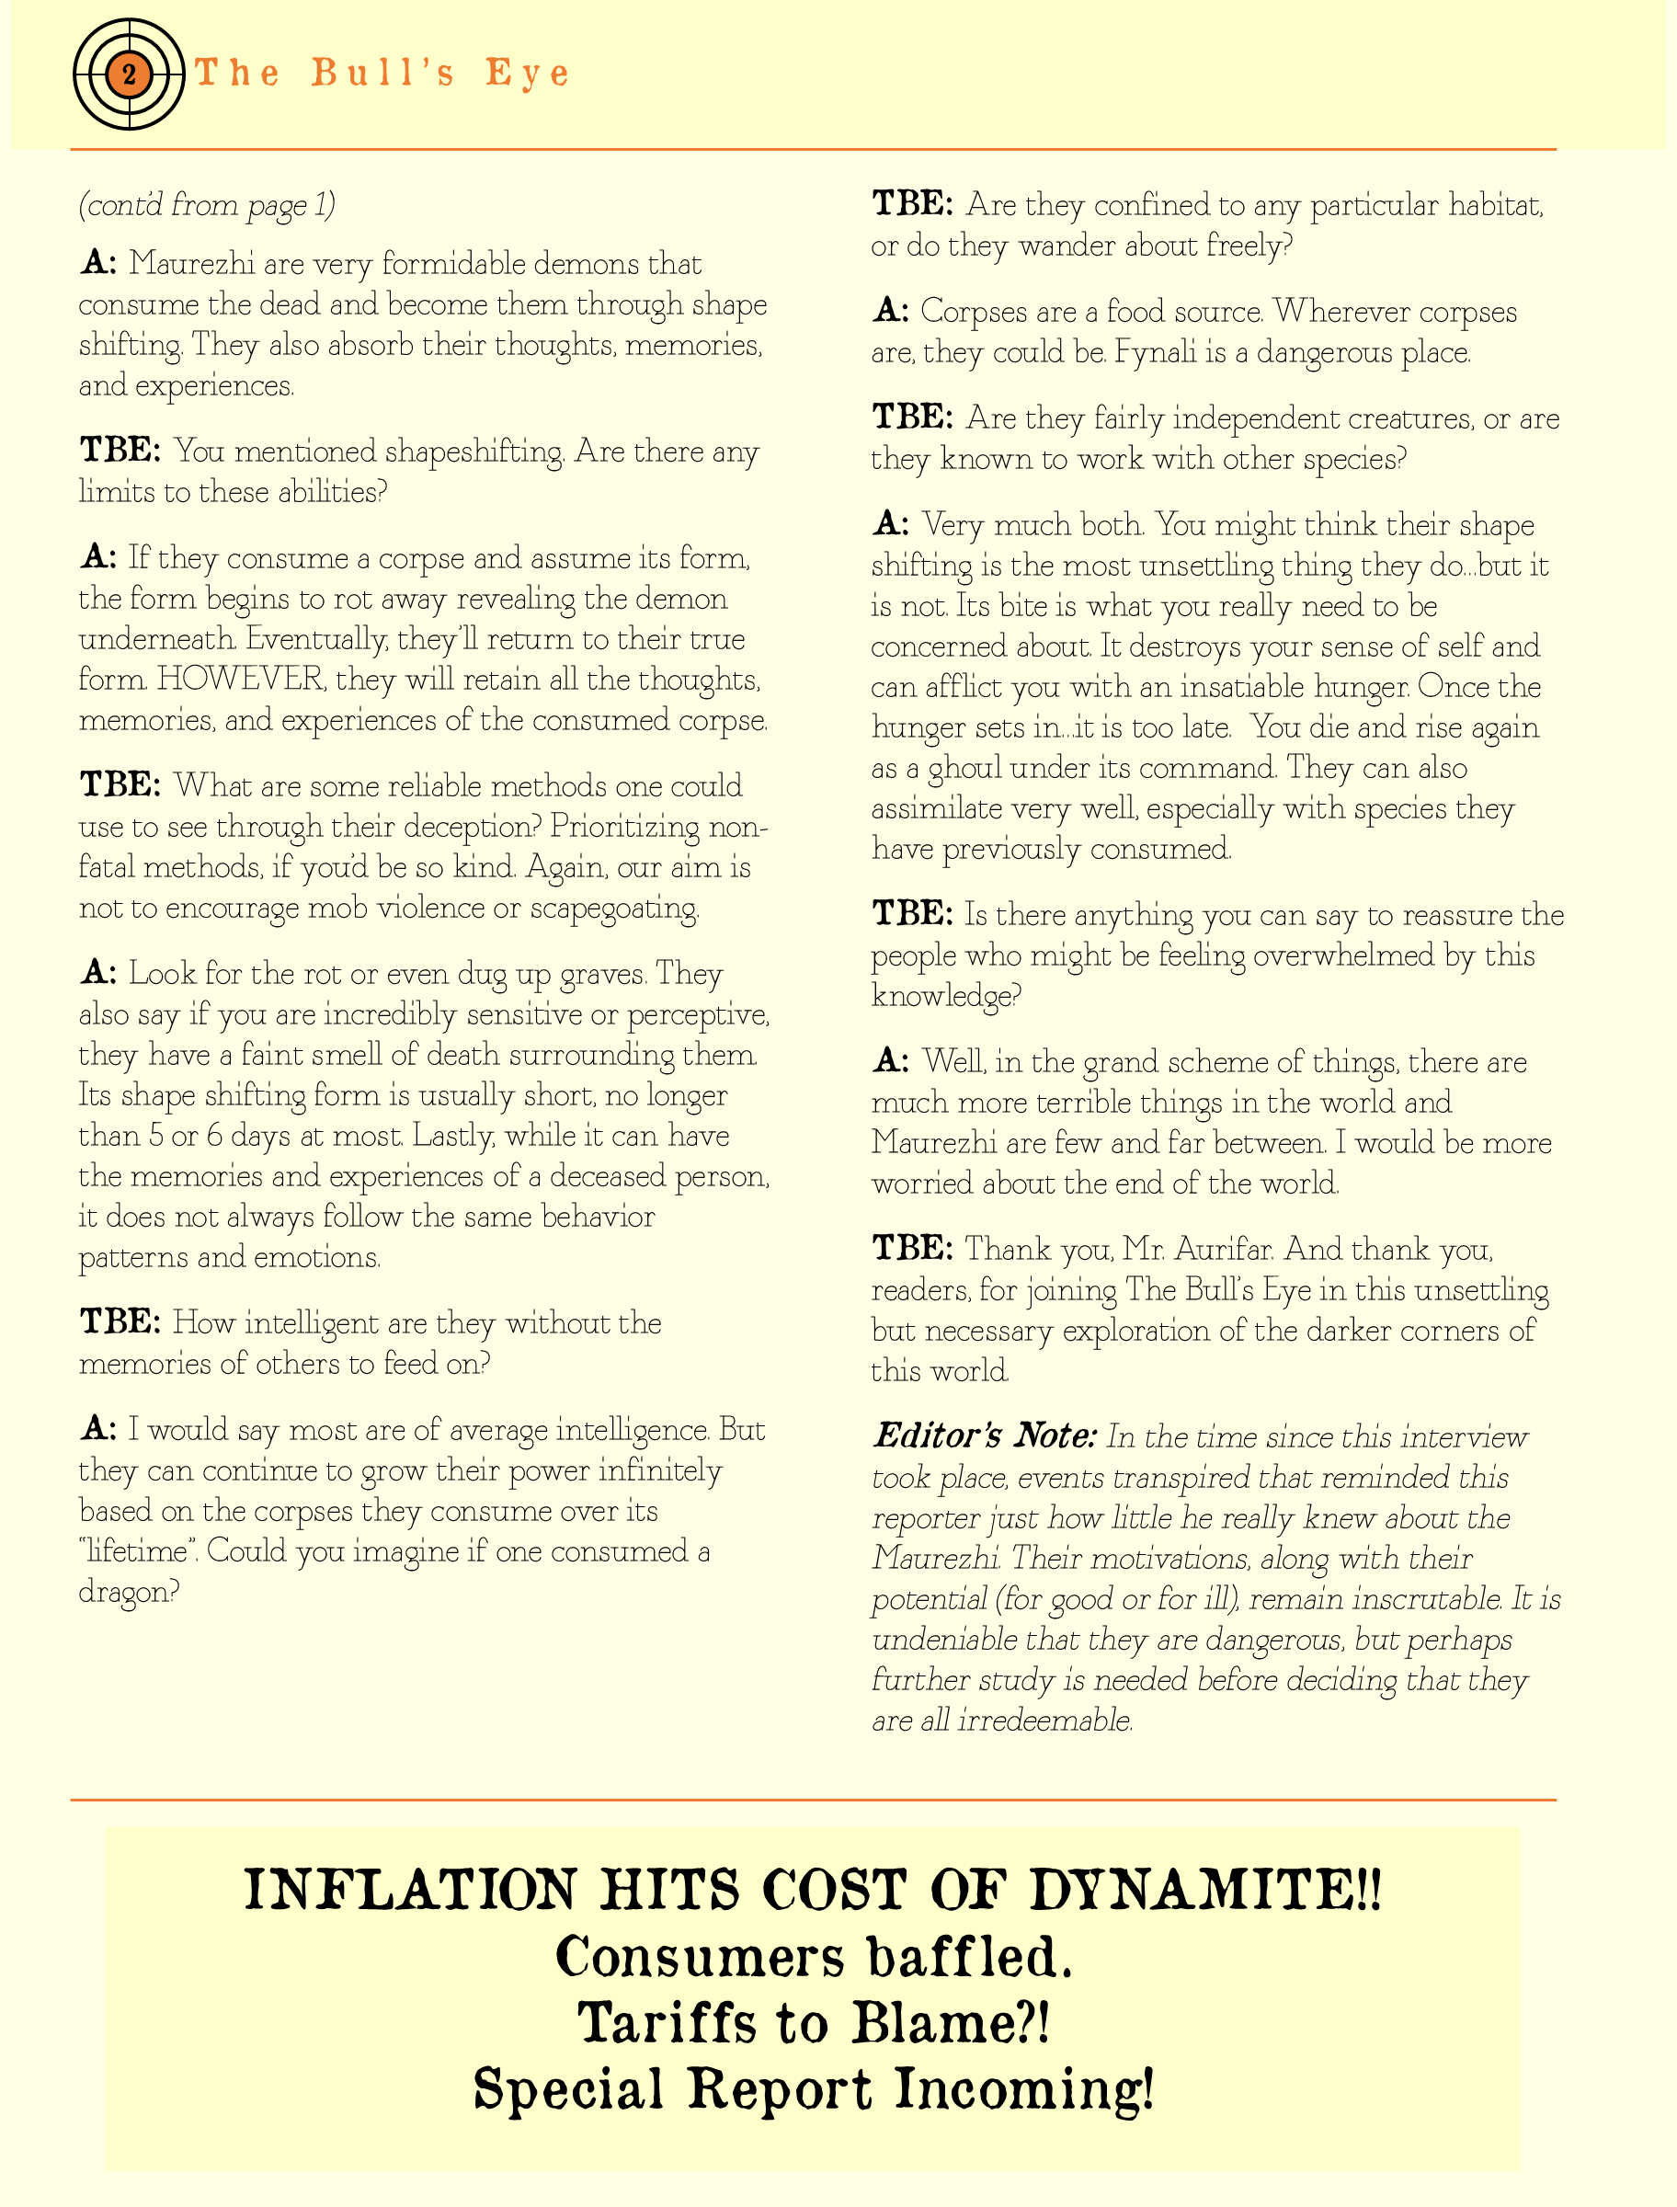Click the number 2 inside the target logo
pos(129,74)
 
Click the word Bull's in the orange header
pos(383,73)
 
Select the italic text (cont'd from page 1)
pos(208,205)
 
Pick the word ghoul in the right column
pos(964,769)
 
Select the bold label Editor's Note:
pos(985,1436)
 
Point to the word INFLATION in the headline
pos(410,1890)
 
